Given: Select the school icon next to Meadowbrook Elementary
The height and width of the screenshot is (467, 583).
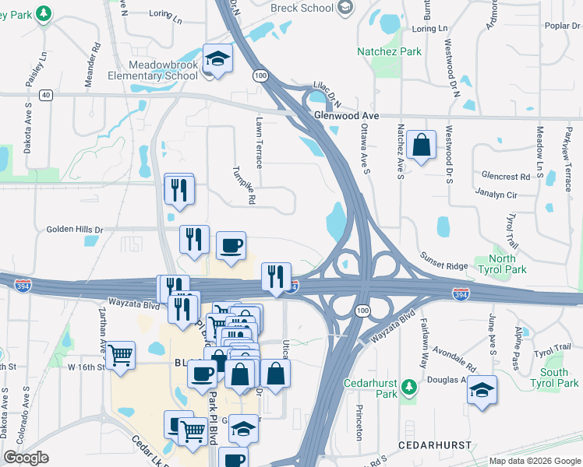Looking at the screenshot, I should [x=217, y=58].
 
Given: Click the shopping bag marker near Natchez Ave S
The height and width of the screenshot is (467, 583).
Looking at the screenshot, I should [x=421, y=145].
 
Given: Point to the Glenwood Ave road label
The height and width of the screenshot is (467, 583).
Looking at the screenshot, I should [x=345, y=115].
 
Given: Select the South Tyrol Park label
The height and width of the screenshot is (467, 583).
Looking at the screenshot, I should [x=553, y=377].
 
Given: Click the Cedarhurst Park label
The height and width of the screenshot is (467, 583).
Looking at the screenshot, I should [x=371, y=388].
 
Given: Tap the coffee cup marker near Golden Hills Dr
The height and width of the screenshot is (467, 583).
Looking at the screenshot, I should [x=230, y=246].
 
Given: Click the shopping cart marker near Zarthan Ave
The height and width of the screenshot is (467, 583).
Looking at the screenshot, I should [x=120, y=356].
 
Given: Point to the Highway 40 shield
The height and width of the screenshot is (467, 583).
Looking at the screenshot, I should [x=46, y=95].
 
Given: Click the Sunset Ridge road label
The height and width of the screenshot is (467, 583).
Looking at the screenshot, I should [x=444, y=260].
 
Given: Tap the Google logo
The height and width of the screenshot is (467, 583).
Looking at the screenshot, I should [x=26, y=458].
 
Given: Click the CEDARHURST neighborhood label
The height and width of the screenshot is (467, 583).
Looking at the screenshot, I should [x=435, y=444].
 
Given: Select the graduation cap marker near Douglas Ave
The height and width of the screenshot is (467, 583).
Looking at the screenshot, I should [x=482, y=388].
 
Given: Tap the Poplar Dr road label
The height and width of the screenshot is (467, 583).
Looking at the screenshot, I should [x=561, y=26].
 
